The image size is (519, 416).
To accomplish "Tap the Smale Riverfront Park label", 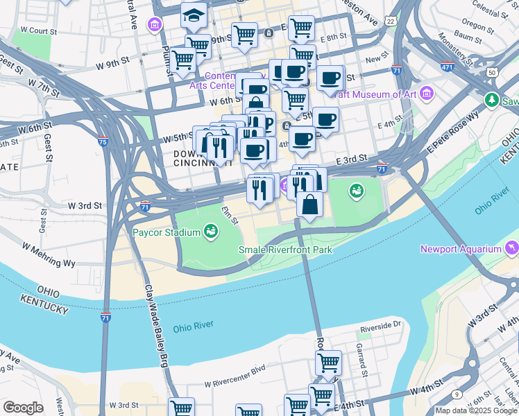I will (x=285, y=250).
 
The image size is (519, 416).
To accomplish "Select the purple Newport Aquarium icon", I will (x=511, y=248).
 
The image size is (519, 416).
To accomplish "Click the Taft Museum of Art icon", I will (x=427, y=93).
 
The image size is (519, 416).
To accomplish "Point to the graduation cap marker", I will (x=194, y=15).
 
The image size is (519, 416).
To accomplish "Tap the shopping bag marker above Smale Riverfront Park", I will (x=309, y=205).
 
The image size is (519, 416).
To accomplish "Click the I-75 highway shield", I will (x=103, y=141).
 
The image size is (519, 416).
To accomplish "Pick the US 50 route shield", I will (x=491, y=72).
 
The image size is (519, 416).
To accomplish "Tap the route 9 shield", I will (x=457, y=394).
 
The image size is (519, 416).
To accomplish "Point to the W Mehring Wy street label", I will (x=48, y=255).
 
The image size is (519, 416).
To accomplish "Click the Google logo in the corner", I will (x=23, y=408).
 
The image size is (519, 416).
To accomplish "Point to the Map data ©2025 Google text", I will (x=475, y=410).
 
